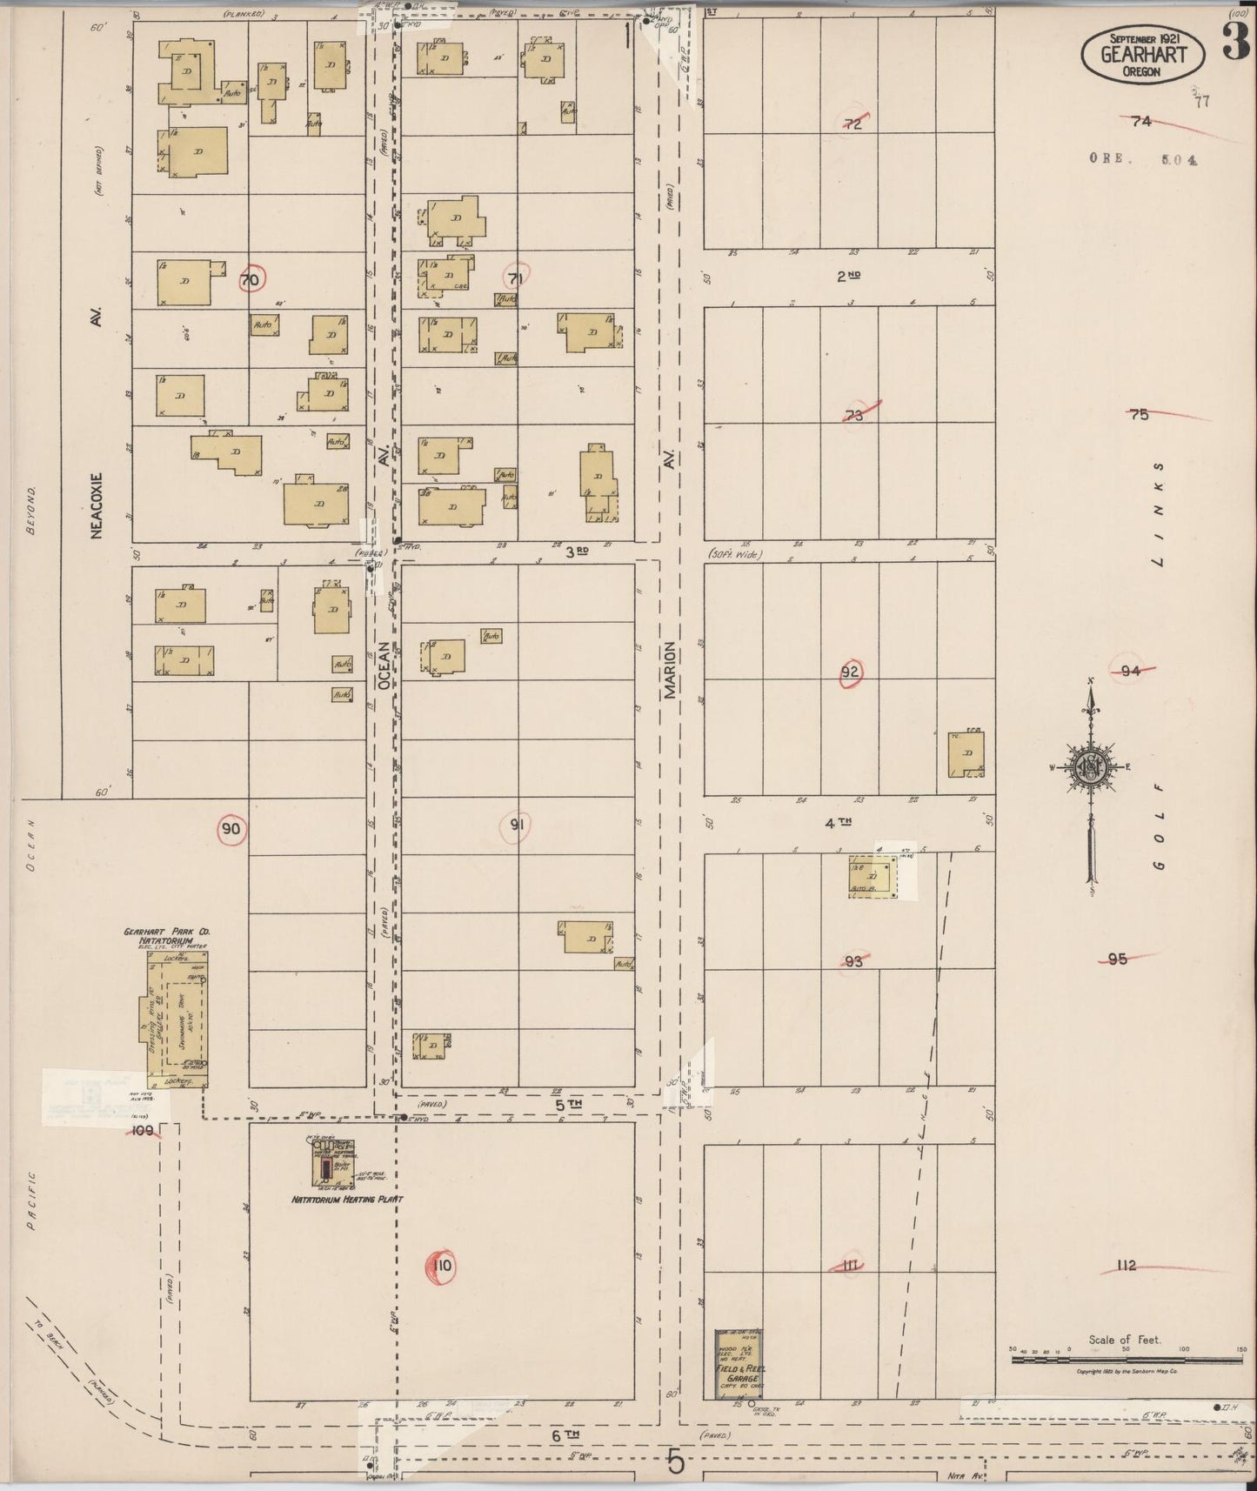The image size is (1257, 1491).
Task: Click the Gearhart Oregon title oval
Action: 1143,55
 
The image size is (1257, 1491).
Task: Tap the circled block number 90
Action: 231,829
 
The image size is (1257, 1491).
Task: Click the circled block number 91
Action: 517,825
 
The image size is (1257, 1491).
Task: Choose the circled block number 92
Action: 850,672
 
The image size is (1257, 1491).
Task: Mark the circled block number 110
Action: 442,1266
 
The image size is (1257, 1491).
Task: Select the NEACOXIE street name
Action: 97,505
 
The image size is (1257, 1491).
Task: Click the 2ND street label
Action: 849,277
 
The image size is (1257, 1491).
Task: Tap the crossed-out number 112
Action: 1127,1266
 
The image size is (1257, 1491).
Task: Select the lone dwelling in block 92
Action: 966,754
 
